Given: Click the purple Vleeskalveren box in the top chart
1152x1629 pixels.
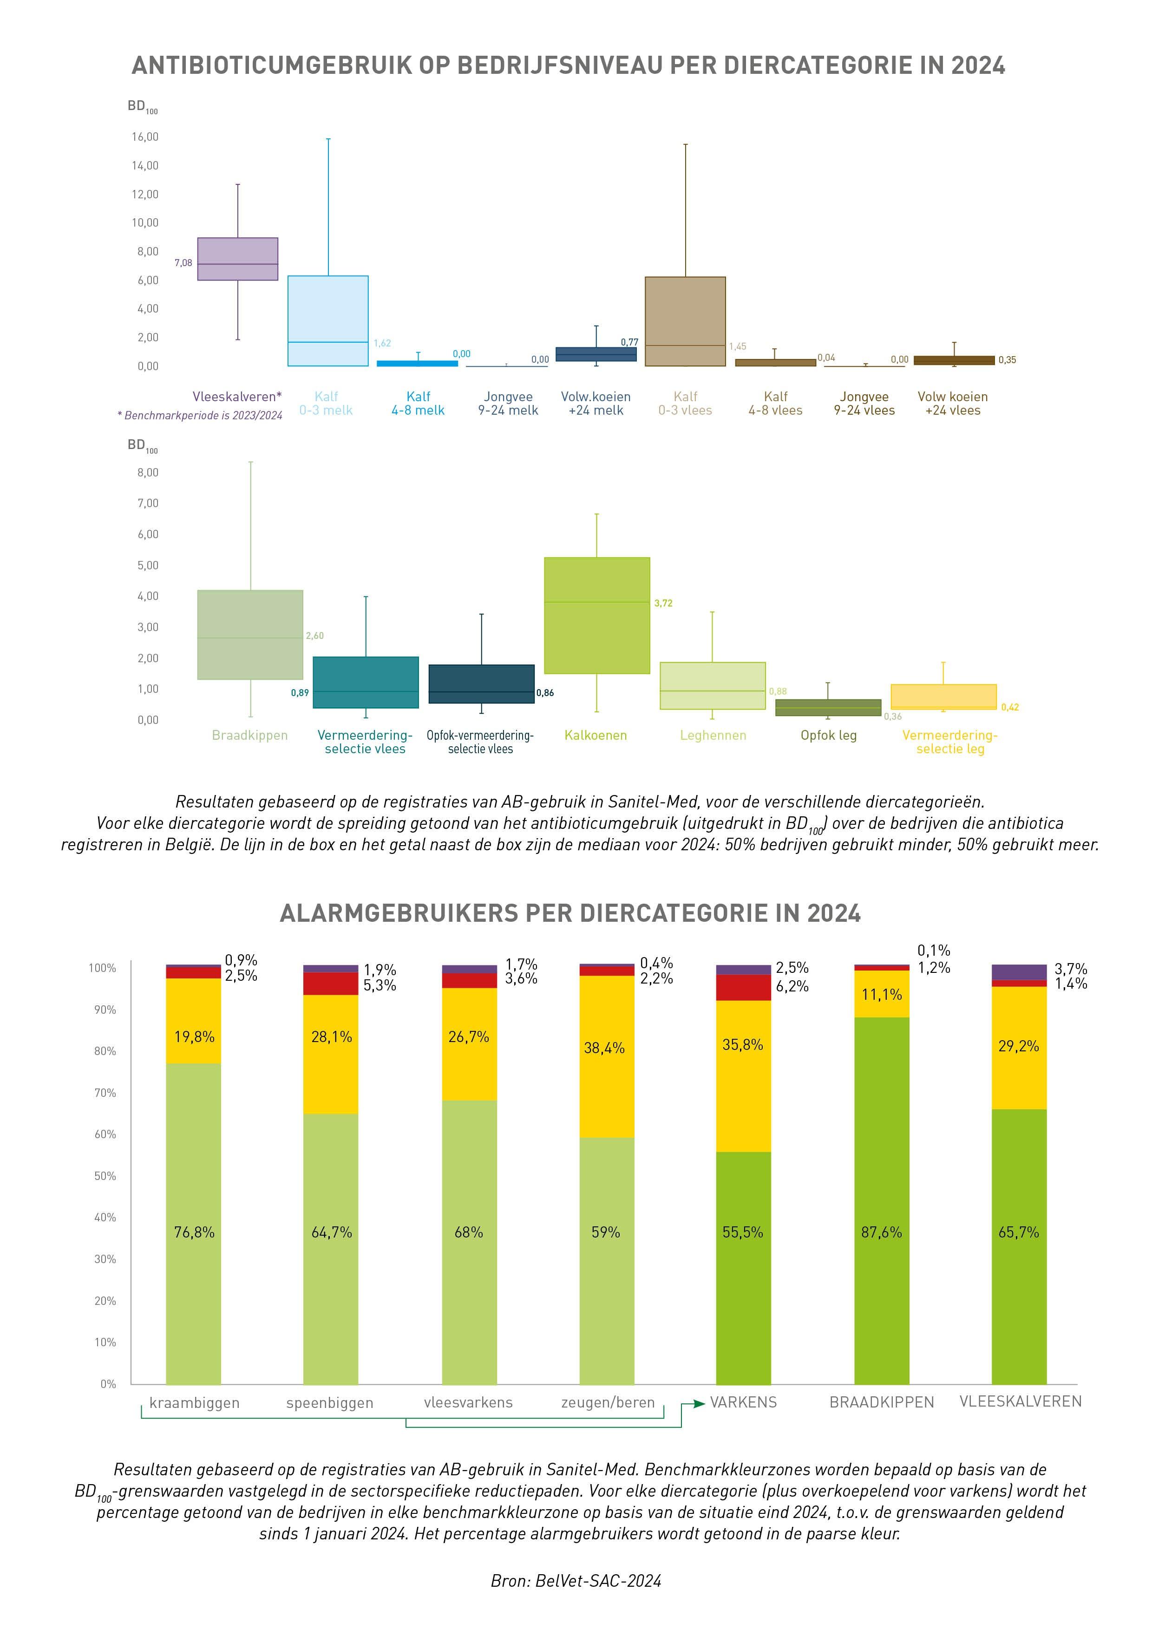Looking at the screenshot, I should [237, 259].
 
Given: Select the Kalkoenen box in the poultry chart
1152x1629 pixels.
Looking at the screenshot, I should [596, 615].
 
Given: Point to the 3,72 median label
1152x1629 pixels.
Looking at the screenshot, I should [663, 603].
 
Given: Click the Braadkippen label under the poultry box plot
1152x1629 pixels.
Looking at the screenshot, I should [250, 736].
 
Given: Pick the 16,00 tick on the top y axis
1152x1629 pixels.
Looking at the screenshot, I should [145, 137].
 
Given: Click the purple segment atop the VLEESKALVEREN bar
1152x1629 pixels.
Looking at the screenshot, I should [1019, 972].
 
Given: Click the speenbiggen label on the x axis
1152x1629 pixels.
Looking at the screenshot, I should [329, 1403].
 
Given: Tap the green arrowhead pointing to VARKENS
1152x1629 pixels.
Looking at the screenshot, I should [699, 1403].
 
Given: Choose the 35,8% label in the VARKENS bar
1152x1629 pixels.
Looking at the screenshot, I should [742, 1045].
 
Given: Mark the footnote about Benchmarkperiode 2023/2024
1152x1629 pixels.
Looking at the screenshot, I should [199, 416].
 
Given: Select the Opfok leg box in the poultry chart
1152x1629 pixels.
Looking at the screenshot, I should [828, 707].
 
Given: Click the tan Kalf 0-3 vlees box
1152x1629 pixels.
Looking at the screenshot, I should [685, 321].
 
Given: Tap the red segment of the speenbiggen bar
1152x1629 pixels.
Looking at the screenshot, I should [331, 984].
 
